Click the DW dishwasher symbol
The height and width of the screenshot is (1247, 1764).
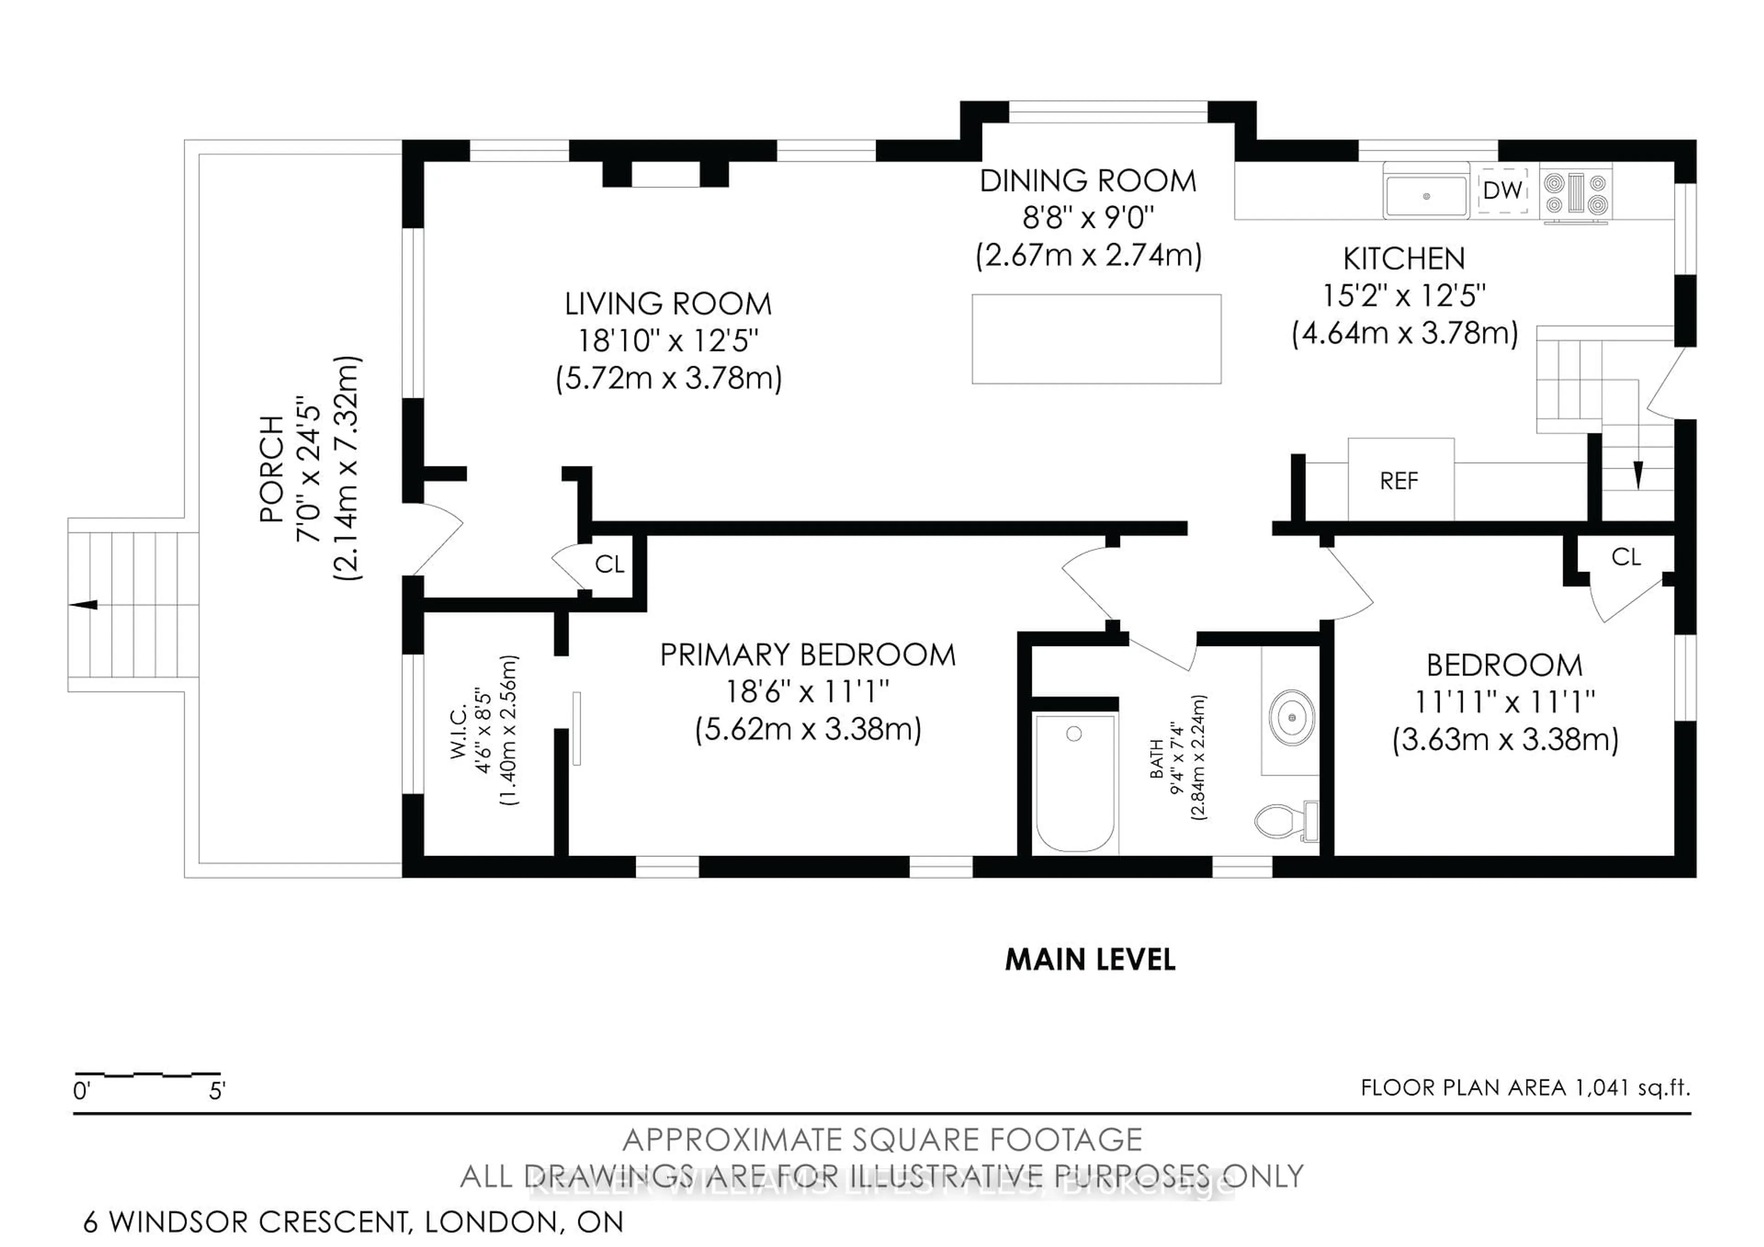1503,190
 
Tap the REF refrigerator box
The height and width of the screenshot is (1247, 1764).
1400,480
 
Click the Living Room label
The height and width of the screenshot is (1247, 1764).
667,304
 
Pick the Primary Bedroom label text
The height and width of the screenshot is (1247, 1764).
808,655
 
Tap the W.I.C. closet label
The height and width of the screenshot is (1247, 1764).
458,734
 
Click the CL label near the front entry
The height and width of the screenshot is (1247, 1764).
609,565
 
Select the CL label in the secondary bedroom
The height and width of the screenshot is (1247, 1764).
1626,557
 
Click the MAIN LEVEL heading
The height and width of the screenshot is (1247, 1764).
1090,960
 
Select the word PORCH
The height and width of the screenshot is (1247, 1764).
271,469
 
